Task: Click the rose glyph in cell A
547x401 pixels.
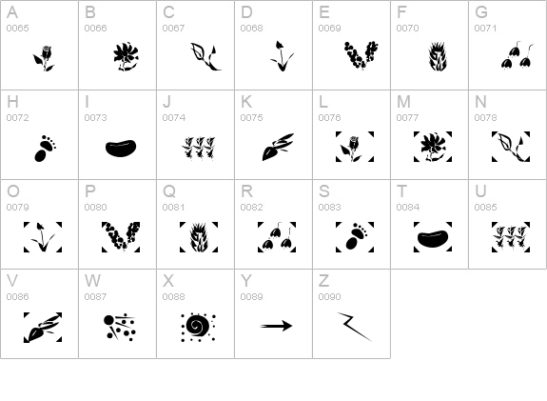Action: pyautogui.click(x=44, y=58)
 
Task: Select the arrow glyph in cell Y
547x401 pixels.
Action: pyautogui.click(x=276, y=326)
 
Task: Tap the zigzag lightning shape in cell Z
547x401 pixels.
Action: pyautogui.click(x=354, y=327)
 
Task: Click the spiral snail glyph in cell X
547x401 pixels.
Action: pyautogui.click(x=198, y=327)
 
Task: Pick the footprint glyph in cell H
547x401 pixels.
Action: pyautogui.click(x=45, y=149)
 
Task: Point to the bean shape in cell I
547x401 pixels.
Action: pyautogui.click(x=121, y=148)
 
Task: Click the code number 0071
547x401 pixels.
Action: pyautogui.click(x=485, y=28)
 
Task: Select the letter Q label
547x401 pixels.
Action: pyautogui.click(x=169, y=191)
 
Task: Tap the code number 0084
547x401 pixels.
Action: pyautogui.click(x=408, y=207)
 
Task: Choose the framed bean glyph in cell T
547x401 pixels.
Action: pyautogui.click(x=433, y=237)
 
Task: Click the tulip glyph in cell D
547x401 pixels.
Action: pyautogui.click(x=282, y=56)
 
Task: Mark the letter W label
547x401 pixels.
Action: pyautogui.click(x=92, y=280)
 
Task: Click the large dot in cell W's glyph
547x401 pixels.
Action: pyautogui.click(x=108, y=321)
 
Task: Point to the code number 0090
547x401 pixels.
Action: pyautogui.click(x=330, y=296)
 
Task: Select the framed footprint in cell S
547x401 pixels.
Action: pyautogui.click(x=355, y=237)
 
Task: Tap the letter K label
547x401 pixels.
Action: pyautogui.click(x=246, y=102)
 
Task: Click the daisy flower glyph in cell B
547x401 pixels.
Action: pyautogui.click(x=126, y=57)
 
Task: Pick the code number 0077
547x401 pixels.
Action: pyautogui.click(x=407, y=118)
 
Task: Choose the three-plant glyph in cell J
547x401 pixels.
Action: pyautogui.click(x=199, y=149)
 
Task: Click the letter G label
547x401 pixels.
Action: pyautogui.click(x=481, y=12)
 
